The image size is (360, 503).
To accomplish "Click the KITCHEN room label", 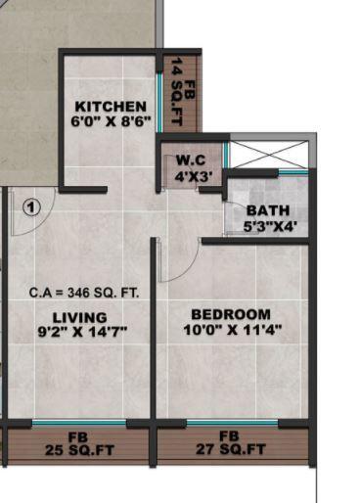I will click(111, 107).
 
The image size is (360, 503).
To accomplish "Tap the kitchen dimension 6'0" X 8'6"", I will click(111, 122).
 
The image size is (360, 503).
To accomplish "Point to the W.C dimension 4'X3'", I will click(190, 177).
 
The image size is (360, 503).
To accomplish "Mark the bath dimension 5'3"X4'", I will click(269, 227).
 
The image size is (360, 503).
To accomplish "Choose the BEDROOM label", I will click(230, 313).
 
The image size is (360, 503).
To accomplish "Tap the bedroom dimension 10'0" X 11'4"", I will click(230, 330).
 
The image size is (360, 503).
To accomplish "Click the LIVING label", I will click(79, 316).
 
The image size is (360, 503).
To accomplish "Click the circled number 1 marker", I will click(30, 207).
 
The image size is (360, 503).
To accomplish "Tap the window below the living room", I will click(78, 423).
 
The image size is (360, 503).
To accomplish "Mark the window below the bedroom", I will click(232, 423).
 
